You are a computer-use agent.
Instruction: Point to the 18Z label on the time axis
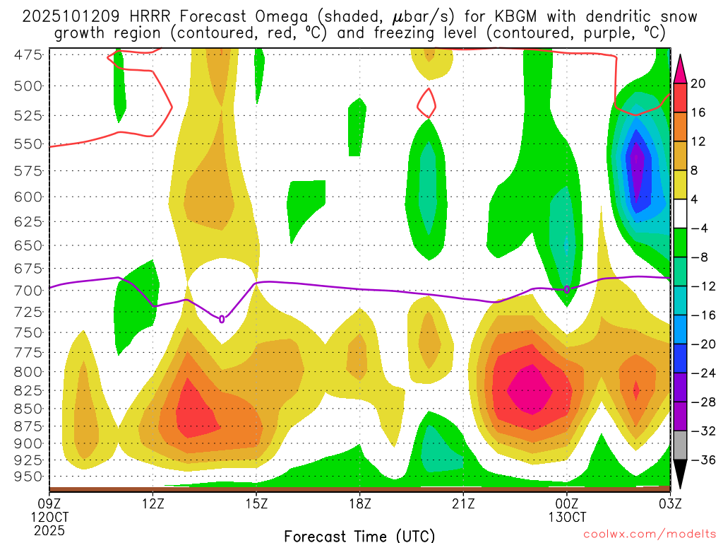(360, 503)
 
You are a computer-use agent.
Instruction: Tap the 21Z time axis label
(463, 503)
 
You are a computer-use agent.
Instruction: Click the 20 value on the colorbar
(698, 83)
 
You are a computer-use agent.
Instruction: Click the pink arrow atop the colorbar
(681, 69)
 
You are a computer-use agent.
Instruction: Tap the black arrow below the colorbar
(681, 474)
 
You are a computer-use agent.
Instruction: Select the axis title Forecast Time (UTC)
(359, 536)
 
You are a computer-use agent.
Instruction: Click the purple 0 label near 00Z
(567, 289)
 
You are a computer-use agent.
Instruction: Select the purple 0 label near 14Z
(222, 319)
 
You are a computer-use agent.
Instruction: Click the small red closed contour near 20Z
(426, 103)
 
